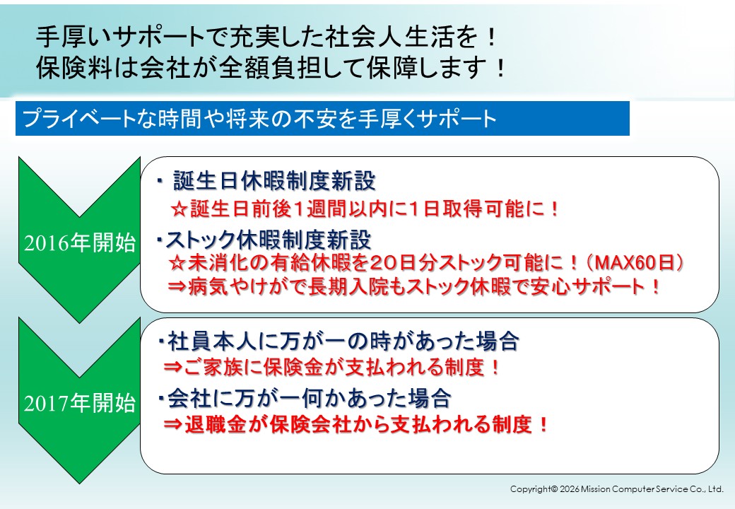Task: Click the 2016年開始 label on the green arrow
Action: click(x=80, y=242)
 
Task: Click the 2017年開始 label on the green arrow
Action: click(x=80, y=403)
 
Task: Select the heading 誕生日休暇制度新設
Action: click(x=274, y=181)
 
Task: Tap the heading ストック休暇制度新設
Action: click(x=268, y=240)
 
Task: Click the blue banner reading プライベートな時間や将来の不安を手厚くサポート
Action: click(x=322, y=118)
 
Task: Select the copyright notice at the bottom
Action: click(x=616, y=488)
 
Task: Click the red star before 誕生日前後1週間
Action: click(x=179, y=209)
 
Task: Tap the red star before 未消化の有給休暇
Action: click(x=177, y=263)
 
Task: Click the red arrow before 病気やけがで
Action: click(x=177, y=286)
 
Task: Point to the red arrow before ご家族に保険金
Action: click(x=173, y=366)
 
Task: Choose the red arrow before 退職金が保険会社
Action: click(x=173, y=425)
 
